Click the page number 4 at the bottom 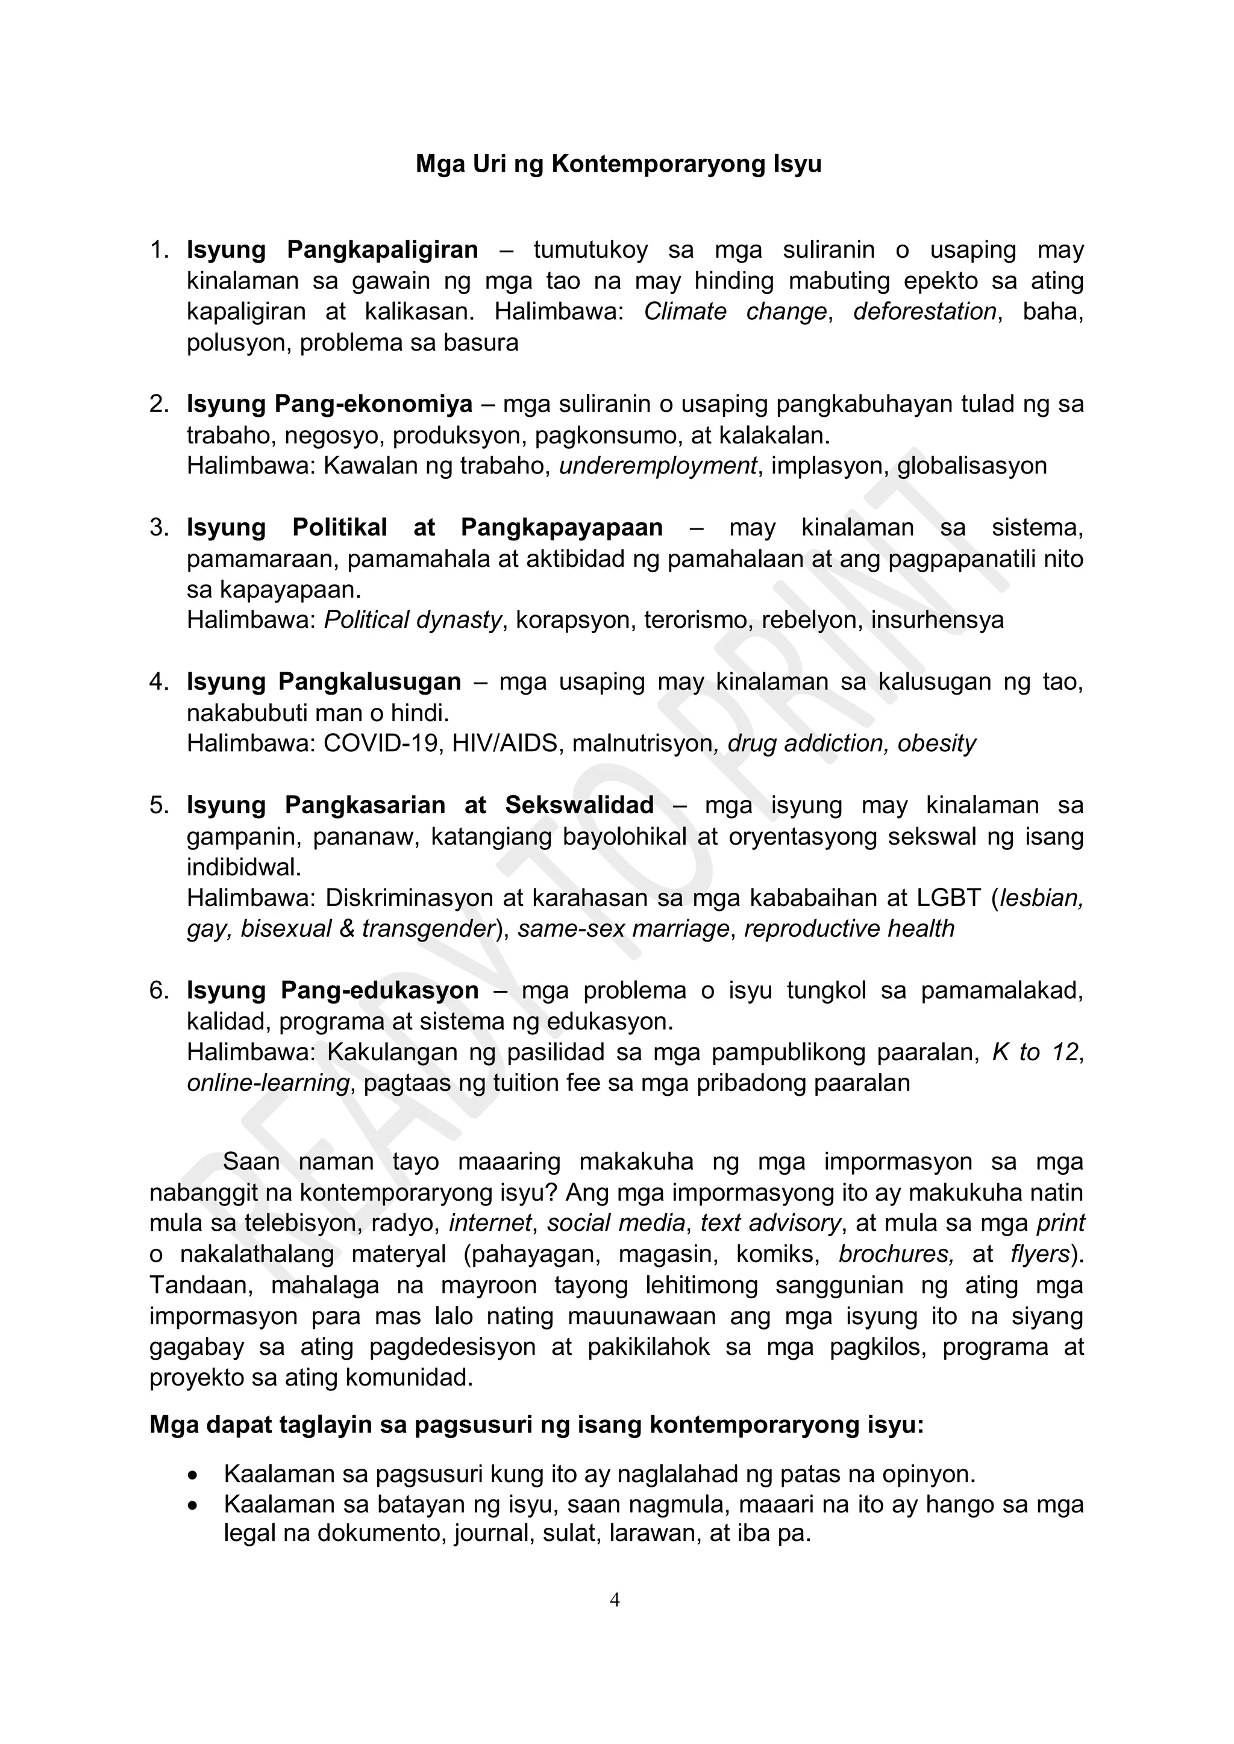[x=615, y=1601]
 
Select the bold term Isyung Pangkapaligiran [x=332, y=250]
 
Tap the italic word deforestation [x=924, y=311]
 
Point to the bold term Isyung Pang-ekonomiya [x=329, y=404]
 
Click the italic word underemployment [x=658, y=466]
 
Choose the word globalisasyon [x=972, y=466]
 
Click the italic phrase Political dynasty [x=413, y=620]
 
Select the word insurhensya [x=937, y=620]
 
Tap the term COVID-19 [x=382, y=743]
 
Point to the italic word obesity [x=936, y=743]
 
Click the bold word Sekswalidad [x=579, y=805]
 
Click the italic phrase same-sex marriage [x=623, y=929]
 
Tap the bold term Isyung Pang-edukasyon [x=332, y=990]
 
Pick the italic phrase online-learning [x=268, y=1083]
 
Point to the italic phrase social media [x=615, y=1223]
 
